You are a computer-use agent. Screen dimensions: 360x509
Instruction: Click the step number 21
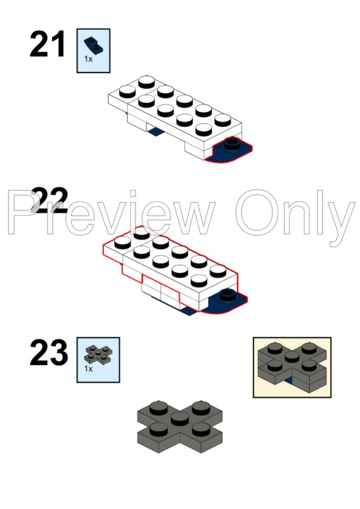click(x=47, y=44)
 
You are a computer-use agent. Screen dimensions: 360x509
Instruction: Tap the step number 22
click(x=50, y=199)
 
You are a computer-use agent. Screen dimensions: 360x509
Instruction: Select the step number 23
click(x=49, y=352)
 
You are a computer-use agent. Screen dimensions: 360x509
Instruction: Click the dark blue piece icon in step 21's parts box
click(x=94, y=45)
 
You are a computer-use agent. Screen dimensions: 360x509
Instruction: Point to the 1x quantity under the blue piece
click(x=88, y=59)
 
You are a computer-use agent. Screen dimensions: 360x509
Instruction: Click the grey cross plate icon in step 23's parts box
click(x=98, y=354)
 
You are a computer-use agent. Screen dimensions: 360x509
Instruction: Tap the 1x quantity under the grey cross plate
click(x=88, y=369)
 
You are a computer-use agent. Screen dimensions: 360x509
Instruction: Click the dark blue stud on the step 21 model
click(x=232, y=143)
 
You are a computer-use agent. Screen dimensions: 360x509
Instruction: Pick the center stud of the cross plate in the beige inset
click(x=292, y=357)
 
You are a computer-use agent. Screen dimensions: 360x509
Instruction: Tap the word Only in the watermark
click(x=295, y=215)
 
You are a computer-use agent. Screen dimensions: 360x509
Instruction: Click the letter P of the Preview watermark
click(x=23, y=212)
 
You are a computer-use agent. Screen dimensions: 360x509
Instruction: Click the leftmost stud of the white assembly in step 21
click(x=128, y=91)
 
